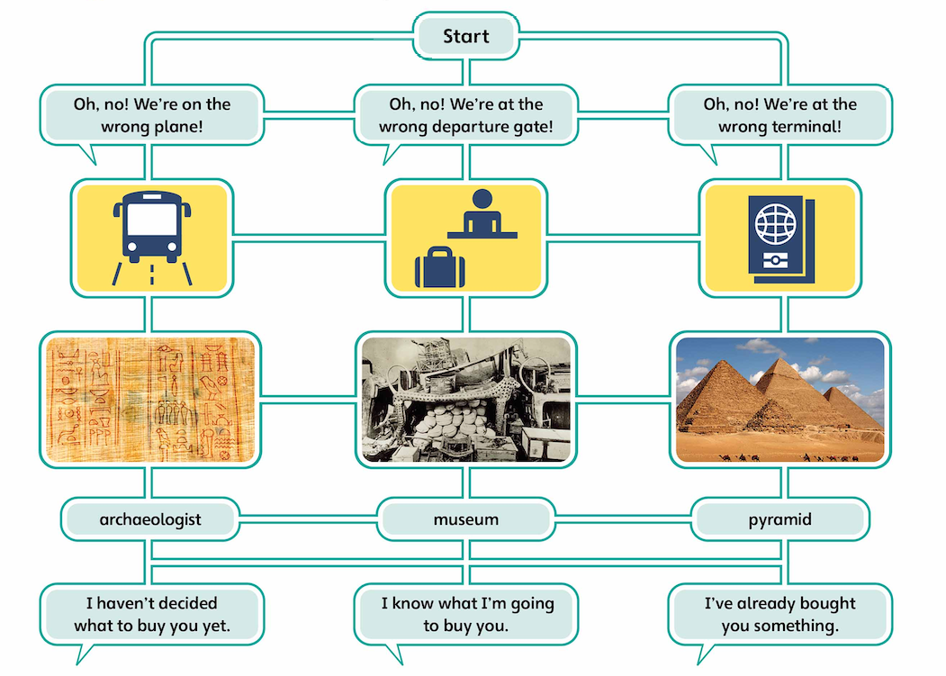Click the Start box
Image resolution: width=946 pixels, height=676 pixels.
pyautogui.click(x=465, y=37)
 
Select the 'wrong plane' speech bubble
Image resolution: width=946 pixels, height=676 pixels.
pyautogui.click(x=151, y=115)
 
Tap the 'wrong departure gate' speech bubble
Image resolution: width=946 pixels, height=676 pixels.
pyautogui.click(x=465, y=115)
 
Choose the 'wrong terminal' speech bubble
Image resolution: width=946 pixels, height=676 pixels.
pyautogui.click(x=779, y=115)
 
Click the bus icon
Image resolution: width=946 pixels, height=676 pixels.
pyautogui.click(x=151, y=230)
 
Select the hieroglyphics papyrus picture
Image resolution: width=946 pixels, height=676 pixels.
pyautogui.click(x=151, y=399)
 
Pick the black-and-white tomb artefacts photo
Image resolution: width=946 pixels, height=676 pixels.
pyautogui.click(x=465, y=399)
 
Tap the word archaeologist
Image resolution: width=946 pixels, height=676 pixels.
pyautogui.click(x=151, y=519)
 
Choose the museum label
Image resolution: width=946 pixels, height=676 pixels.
pyautogui.click(x=465, y=519)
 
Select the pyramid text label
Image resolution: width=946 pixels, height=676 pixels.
pyautogui.click(x=779, y=519)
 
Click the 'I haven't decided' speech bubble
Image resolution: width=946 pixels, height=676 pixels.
pyautogui.click(x=151, y=614)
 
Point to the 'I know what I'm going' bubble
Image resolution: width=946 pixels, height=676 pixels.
pyautogui.click(x=465, y=614)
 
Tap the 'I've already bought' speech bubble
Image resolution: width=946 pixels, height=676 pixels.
pyautogui.click(x=779, y=614)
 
